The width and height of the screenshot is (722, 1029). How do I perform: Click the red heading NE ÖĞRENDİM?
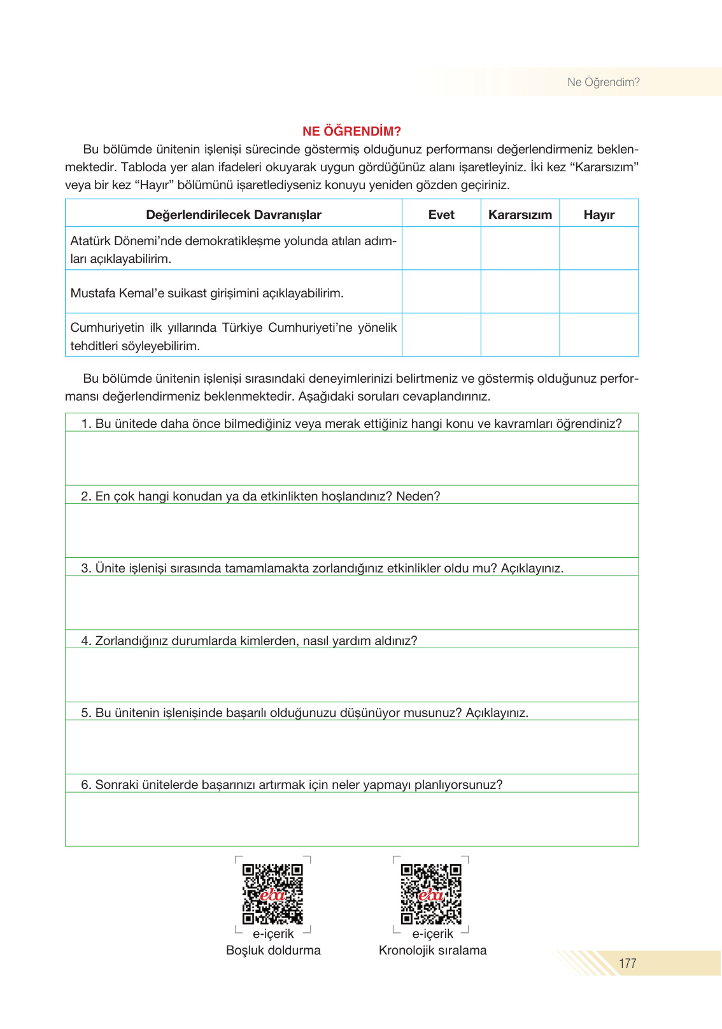point(351,131)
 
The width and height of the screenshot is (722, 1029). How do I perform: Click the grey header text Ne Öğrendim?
point(603,82)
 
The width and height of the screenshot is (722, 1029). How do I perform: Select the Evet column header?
point(441,215)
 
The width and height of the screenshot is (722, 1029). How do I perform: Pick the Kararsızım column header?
point(520,215)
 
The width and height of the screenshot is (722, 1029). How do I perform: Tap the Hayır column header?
point(598,215)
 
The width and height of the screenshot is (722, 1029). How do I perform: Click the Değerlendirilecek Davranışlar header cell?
point(234,215)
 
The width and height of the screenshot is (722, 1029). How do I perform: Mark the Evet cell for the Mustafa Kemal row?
point(441,292)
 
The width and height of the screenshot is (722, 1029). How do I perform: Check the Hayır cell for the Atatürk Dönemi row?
point(598,248)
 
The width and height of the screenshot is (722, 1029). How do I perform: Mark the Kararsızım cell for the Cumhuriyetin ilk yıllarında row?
point(520,335)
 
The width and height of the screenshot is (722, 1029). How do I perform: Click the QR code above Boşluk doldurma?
point(273,893)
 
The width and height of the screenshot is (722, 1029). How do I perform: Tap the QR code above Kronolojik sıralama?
point(431,893)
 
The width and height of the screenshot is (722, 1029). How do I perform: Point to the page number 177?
point(627,963)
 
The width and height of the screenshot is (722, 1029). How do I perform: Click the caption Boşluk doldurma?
point(273,950)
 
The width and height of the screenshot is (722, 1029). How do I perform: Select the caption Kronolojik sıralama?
point(432,950)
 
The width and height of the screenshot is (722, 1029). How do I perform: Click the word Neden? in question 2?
point(418,496)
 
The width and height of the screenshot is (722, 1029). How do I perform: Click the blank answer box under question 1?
point(351,458)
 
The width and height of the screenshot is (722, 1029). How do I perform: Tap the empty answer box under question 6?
point(351,819)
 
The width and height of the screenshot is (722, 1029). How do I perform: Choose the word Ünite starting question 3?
point(110,568)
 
